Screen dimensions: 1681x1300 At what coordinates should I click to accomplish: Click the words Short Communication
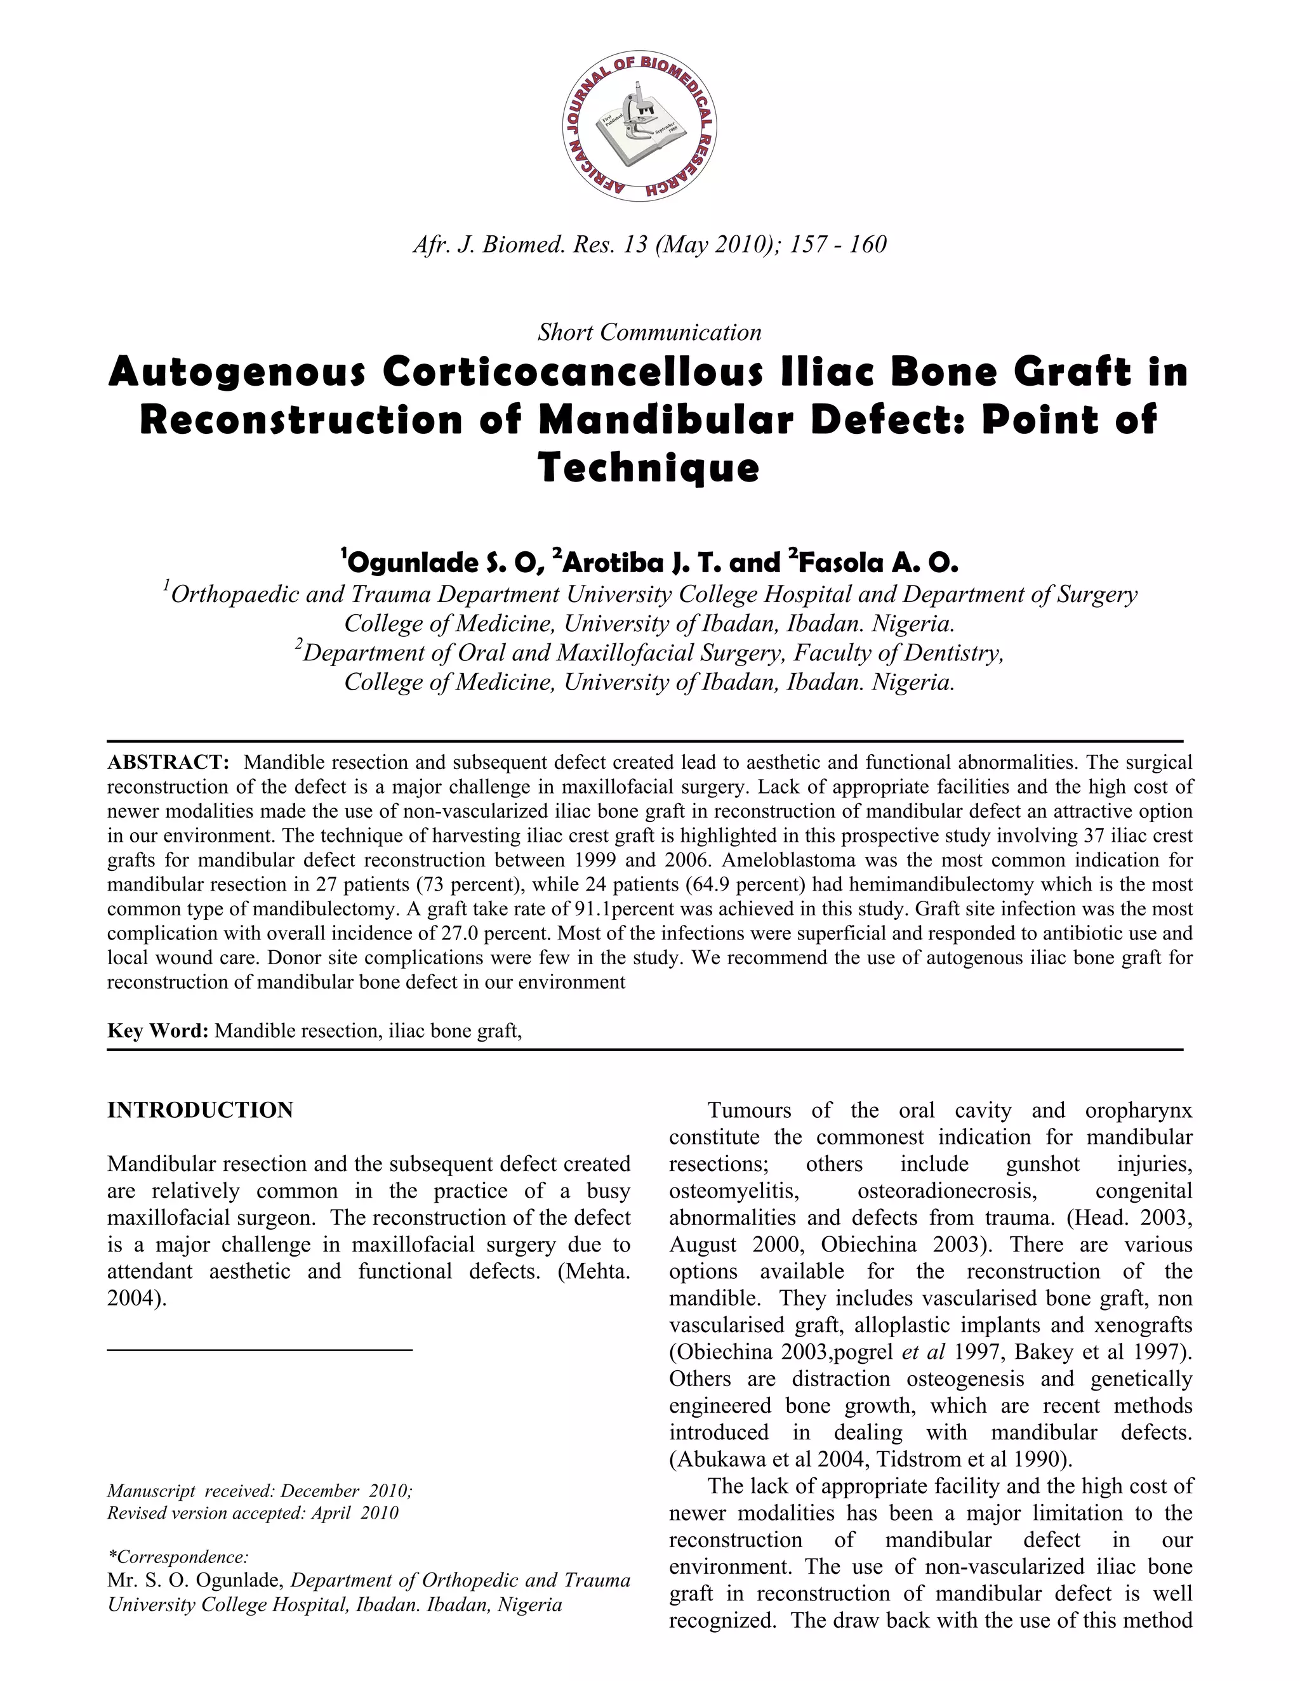(x=649, y=332)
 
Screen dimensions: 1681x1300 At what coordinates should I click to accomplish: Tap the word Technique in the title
(x=649, y=468)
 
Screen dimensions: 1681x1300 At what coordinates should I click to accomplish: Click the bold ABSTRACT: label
(x=168, y=762)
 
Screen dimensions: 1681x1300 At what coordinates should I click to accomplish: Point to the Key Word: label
(x=158, y=1031)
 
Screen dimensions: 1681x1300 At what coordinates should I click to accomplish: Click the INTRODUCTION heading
(x=200, y=1110)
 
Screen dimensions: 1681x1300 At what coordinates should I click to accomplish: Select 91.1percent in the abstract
(x=624, y=909)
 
